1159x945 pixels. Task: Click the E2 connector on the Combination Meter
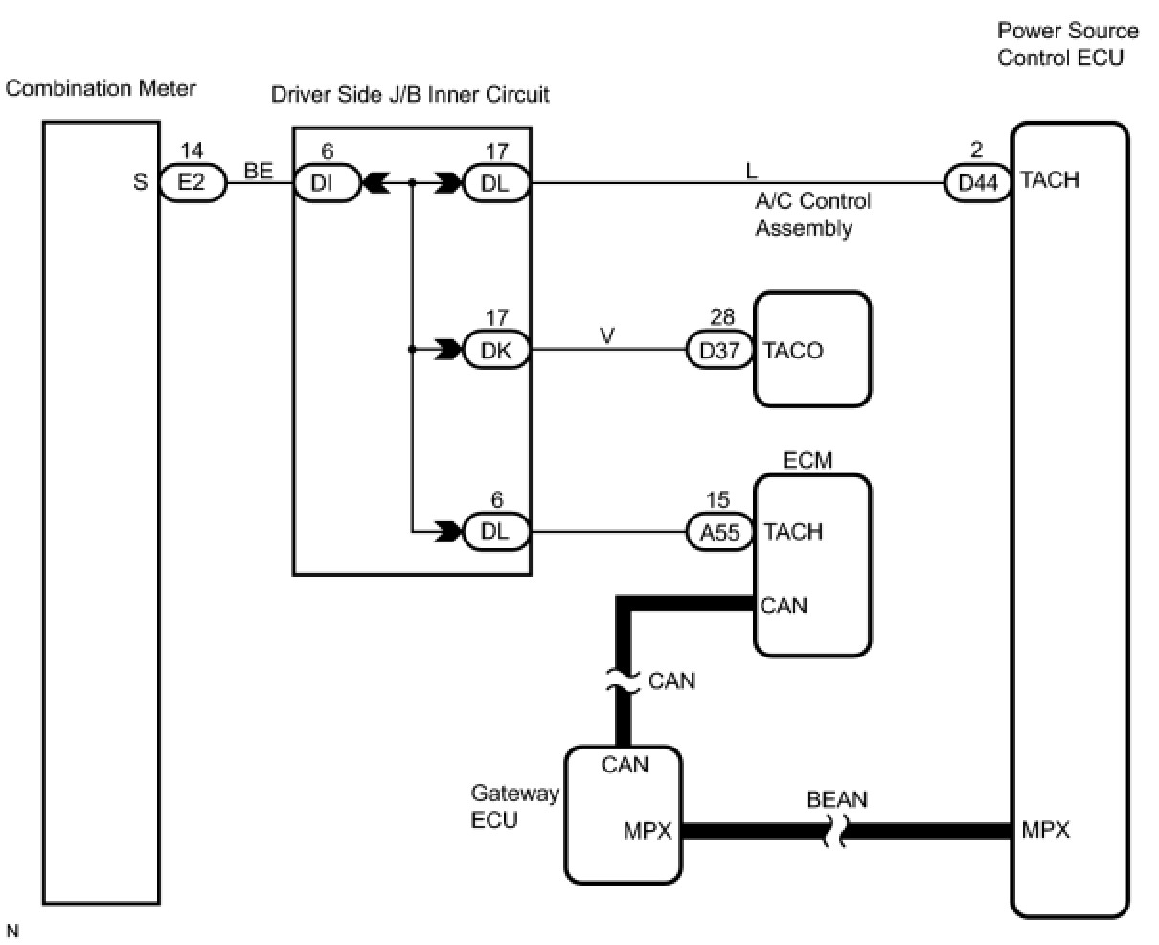193,182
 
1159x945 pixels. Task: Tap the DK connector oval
496,351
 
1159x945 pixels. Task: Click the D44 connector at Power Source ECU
978,182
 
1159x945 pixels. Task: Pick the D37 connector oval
719,351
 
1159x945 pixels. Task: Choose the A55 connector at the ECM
719,532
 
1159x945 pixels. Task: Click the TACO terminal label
793,351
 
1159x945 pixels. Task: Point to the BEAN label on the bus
837,799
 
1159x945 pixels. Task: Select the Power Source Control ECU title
1067,44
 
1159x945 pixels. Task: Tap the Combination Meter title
101,89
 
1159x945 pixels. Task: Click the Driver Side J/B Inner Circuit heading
410,94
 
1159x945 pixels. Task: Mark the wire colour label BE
259,172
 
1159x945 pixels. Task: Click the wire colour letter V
607,335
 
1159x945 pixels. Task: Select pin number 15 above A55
717,500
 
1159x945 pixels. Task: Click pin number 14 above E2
192,150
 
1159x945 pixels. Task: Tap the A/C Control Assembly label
812,215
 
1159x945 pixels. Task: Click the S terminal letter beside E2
140,182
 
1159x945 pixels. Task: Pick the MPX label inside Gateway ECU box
648,831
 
